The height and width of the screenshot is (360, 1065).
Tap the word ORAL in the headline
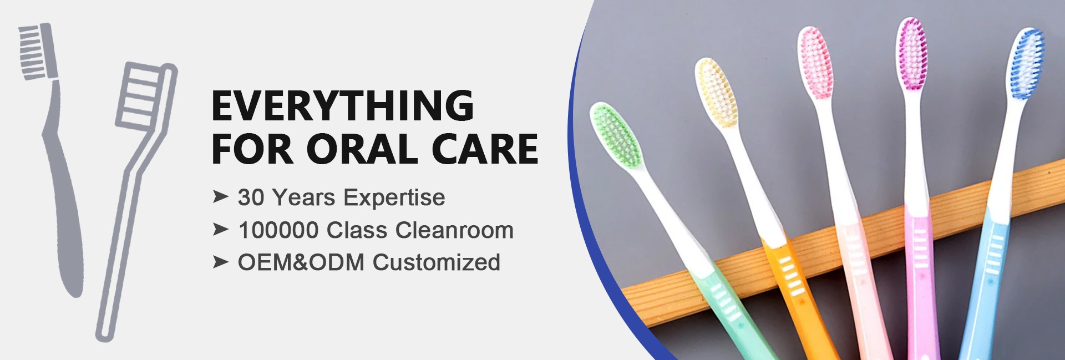(x=362, y=149)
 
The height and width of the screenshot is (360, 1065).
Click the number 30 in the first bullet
(x=250, y=197)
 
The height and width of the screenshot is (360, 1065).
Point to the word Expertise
(x=394, y=198)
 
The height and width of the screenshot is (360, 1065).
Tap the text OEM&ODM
(x=301, y=262)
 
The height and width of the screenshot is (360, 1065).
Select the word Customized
(x=436, y=262)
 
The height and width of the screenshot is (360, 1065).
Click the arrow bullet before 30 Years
(x=220, y=197)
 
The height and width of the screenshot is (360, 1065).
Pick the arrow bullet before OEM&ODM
(x=220, y=262)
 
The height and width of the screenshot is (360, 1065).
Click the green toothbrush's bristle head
(x=616, y=135)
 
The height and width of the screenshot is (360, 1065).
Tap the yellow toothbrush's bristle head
(x=717, y=92)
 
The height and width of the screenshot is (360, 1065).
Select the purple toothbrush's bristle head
(x=912, y=54)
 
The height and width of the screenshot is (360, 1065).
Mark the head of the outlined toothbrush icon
(x=145, y=95)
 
